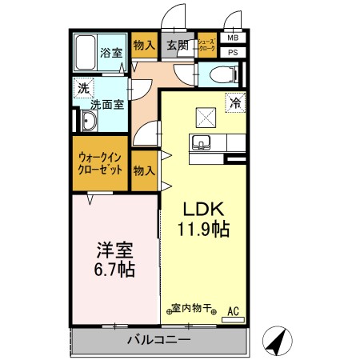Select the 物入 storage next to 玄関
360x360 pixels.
(144, 45)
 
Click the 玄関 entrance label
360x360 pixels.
(177, 45)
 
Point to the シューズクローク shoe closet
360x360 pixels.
(206, 45)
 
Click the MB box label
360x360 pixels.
(232, 38)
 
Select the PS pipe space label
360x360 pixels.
(232, 53)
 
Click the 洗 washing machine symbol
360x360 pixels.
(83, 88)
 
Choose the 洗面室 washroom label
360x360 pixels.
(105, 104)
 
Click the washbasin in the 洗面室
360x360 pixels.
(88, 122)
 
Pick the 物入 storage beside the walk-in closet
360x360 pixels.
(144, 170)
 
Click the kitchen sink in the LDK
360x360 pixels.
(201, 144)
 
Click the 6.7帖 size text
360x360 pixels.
(111, 268)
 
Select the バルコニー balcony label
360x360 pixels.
(158, 340)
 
